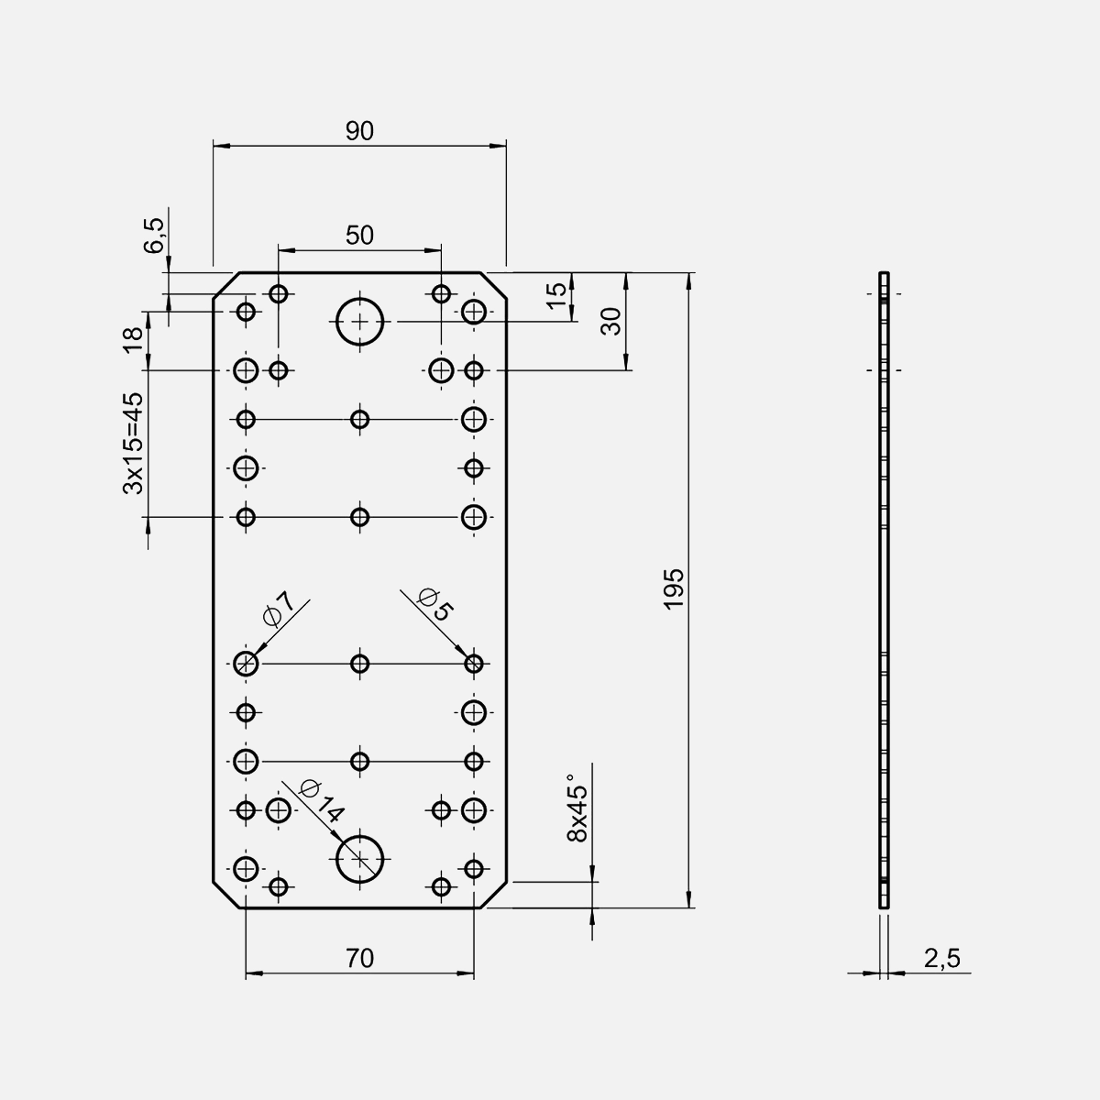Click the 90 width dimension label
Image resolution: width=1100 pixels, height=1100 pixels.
click(x=359, y=131)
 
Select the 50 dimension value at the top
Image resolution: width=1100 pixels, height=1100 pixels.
click(x=359, y=236)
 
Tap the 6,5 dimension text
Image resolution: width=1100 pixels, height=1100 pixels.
click(x=155, y=236)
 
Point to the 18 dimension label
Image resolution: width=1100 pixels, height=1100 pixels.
click(x=134, y=337)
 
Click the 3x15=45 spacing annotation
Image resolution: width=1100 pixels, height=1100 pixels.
click(x=134, y=444)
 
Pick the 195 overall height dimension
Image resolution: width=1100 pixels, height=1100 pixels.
click(x=674, y=588)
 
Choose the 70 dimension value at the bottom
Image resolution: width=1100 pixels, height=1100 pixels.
click(x=359, y=959)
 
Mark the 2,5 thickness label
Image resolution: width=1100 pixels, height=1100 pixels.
click(x=941, y=959)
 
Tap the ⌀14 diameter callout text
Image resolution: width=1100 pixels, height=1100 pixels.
click(x=321, y=799)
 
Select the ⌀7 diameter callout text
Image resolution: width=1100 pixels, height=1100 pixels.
click(x=278, y=609)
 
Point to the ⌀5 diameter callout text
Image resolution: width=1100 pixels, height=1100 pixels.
click(x=434, y=604)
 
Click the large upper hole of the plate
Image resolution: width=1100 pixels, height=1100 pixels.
click(x=360, y=322)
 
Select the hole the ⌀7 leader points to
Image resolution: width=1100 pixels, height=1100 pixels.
click(x=246, y=663)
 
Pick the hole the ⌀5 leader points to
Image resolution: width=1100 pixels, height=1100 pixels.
click(x=474, y=663)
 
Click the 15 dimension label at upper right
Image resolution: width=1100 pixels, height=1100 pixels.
click(x=556, y=295)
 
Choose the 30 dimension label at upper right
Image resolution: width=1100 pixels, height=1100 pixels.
click(x=611, y=320)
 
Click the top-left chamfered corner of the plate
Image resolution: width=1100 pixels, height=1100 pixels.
click(x=226, y=285)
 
